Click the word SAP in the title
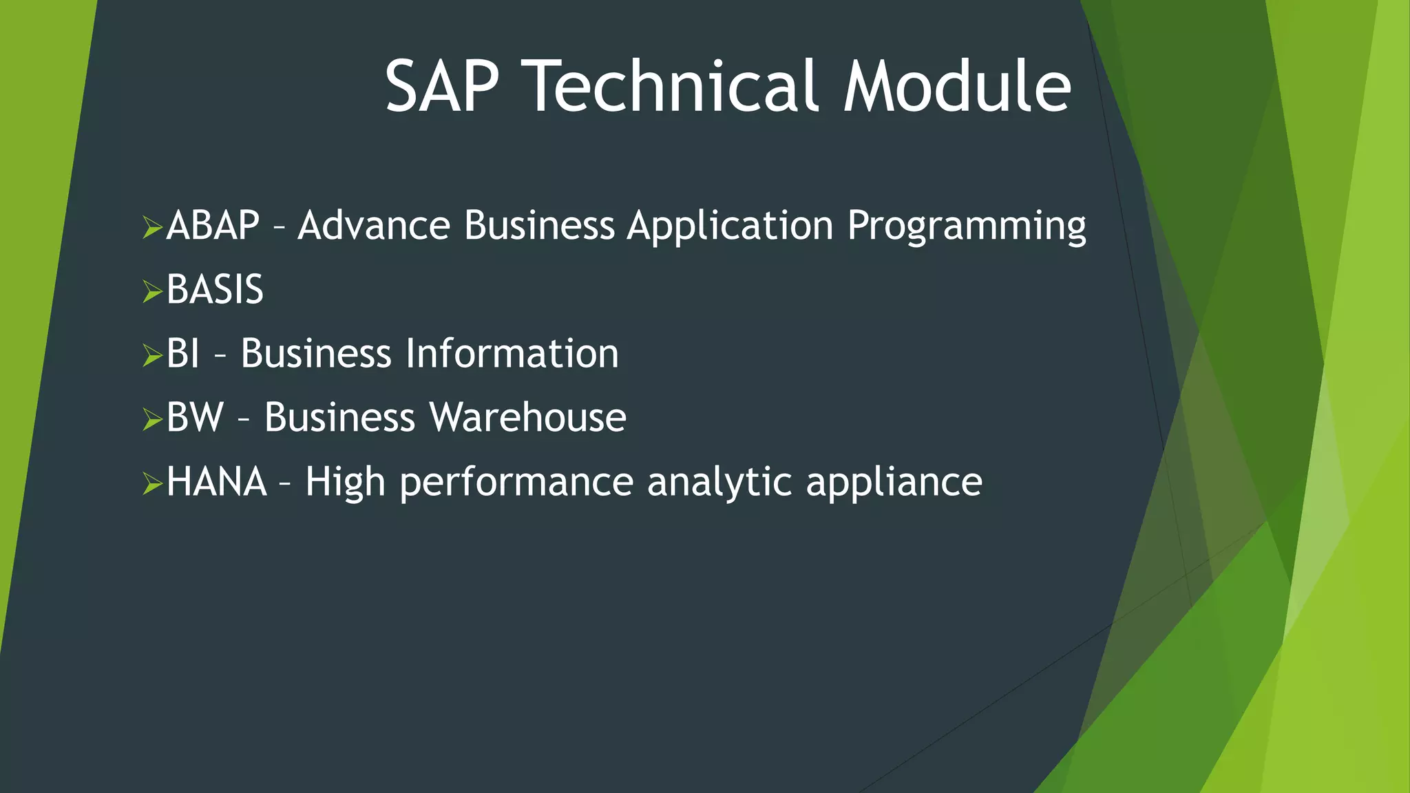point(441,86)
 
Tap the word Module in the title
point(958,86)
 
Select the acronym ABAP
point(213,225)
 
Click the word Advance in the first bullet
point(374,225)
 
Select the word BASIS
point(215,289)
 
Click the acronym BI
point(183,353)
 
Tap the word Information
point(512,353)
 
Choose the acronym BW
point(195,417)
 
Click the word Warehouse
point(527,417)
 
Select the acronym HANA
point(216,481)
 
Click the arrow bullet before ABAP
point(151,226)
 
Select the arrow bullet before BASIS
point(151,290)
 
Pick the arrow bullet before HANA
point(151,483)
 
